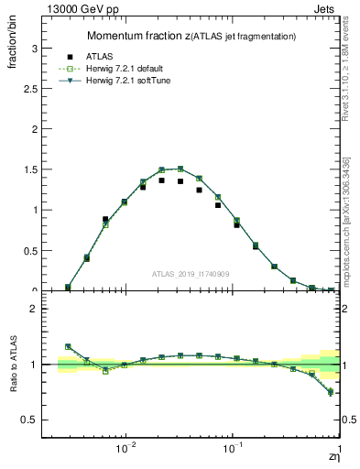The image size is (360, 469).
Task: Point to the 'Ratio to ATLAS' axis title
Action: click(14, 365)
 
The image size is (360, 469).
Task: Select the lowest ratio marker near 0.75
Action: click(331, 392)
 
